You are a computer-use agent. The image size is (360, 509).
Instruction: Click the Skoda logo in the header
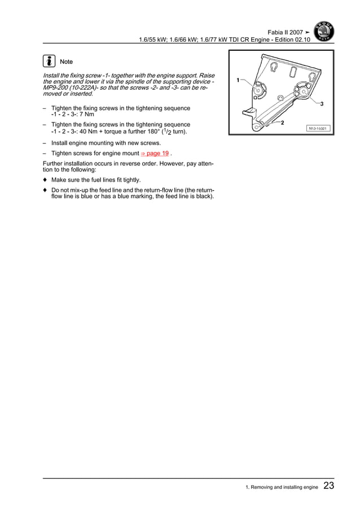click(323, 32)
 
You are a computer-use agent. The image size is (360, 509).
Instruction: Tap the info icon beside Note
click(49, 61)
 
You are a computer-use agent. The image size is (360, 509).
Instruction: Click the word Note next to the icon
click(66, 62)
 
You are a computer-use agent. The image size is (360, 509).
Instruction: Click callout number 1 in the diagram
click(238, 80)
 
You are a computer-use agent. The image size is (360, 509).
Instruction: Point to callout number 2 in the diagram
click(282, 123)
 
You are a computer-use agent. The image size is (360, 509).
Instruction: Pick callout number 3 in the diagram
click(321, 104)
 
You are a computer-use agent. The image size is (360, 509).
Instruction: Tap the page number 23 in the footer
click(329, 486)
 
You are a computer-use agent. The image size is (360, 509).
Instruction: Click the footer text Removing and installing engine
click(282, 487)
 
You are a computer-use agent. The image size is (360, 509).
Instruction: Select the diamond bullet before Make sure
click(45, 180)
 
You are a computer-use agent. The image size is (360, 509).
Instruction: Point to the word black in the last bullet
click(202, 197)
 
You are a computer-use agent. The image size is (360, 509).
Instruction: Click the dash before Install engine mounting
click(45, 143)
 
